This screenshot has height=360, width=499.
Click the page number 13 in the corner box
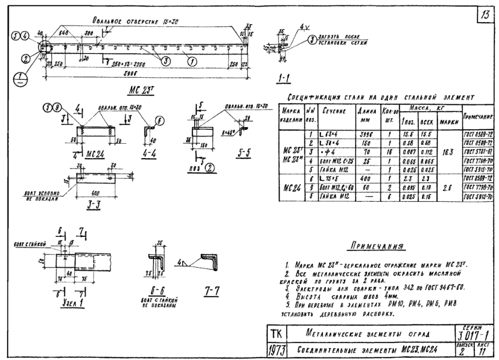click(485, 15)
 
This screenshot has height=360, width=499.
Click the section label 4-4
click(149, 152)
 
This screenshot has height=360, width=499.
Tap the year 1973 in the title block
click(275, 350)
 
